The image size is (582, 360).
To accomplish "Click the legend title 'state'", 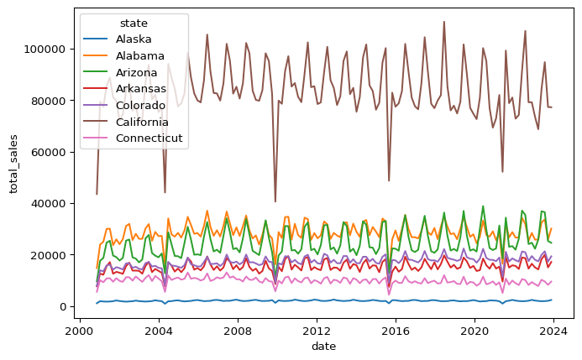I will click(x=134, y=22).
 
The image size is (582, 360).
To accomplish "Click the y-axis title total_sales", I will click(x=14, y=163).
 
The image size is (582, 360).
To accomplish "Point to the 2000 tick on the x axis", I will click(x=79, y=331).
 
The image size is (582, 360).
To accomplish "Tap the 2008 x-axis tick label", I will click(x=238, y=331).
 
